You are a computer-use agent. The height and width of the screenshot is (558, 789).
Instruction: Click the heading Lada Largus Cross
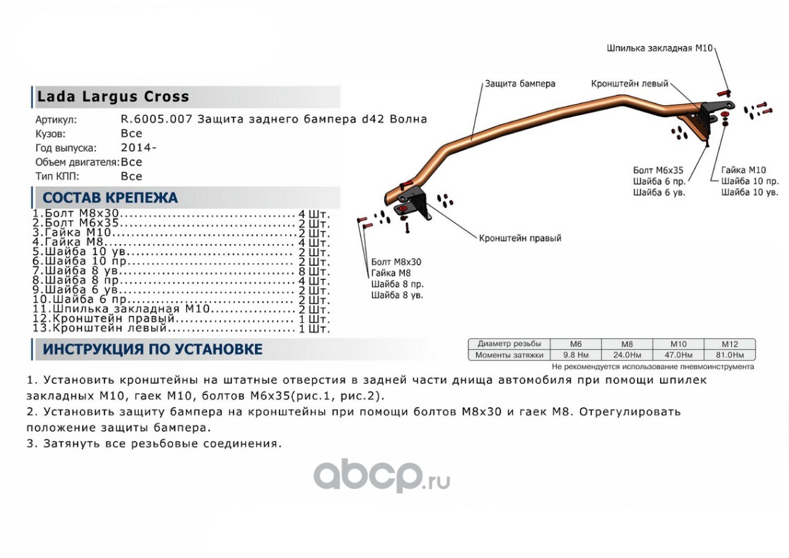112,97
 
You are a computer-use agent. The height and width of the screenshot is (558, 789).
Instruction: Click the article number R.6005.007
157,119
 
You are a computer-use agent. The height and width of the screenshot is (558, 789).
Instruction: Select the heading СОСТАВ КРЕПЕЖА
110,198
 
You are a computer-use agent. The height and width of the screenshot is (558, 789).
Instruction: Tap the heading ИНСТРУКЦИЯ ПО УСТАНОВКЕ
153,349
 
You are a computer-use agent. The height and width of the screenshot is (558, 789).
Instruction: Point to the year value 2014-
139,148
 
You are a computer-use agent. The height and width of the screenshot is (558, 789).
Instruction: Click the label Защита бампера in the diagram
520,84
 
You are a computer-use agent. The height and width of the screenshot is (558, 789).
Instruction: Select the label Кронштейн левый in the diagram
629,84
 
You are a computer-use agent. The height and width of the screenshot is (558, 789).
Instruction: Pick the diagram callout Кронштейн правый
520,238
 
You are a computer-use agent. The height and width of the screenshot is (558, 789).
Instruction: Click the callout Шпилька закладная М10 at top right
659,48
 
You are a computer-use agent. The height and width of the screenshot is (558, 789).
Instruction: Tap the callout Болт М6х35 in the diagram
658,169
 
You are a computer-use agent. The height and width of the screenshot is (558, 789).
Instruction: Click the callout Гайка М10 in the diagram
744,169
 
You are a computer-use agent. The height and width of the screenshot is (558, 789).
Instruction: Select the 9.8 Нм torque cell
576,355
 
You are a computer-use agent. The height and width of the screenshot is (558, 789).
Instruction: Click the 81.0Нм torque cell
728,355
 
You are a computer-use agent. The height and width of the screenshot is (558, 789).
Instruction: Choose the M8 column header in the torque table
627,344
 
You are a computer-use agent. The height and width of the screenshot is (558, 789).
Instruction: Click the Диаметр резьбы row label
509,344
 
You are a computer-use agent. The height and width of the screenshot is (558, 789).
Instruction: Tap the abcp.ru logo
381,476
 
